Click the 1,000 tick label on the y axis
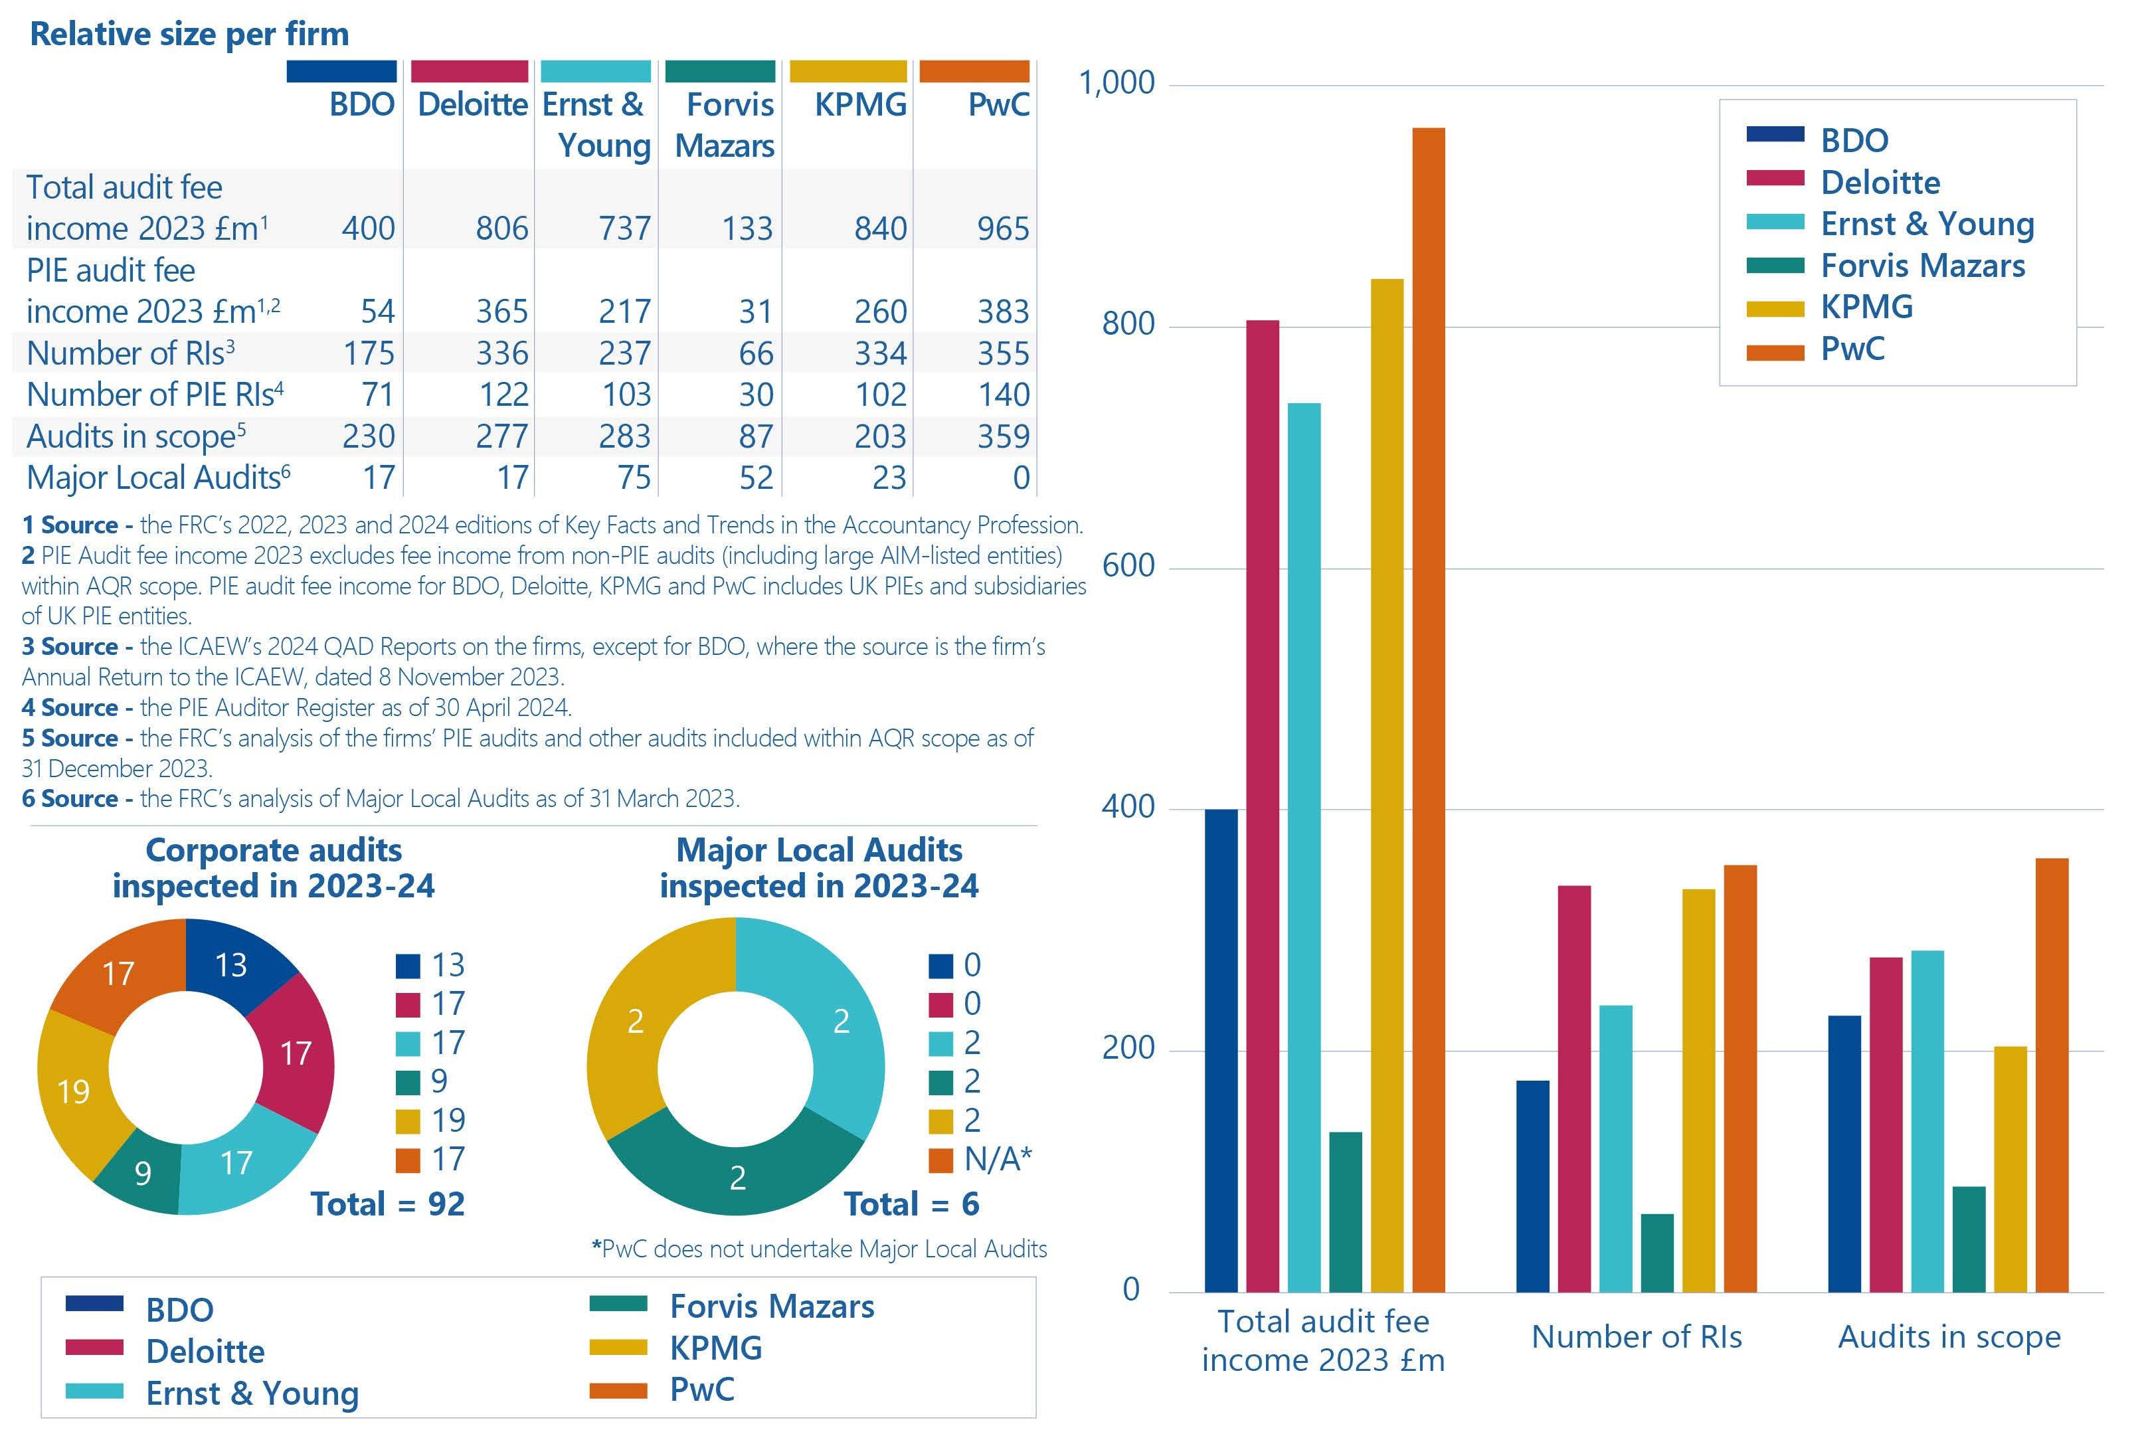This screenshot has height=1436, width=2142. (x=1116, y=83)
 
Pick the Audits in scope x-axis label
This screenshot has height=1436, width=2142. (x=1949, y=1337)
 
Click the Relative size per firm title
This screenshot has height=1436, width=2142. (x=189, y=34)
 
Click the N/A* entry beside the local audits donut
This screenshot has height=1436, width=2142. (x=996, y=1160)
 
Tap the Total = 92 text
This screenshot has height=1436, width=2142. (x=387, y=1204)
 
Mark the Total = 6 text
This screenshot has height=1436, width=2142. (x=911, y=1204)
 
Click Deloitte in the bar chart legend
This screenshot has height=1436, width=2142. (x=1879, y=182)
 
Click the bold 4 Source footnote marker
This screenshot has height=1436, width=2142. (x=70, y=708)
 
